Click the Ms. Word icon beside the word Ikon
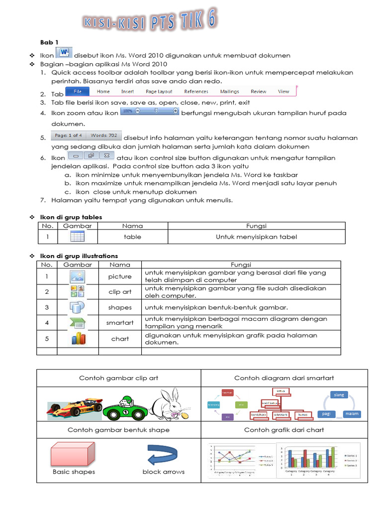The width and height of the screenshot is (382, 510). click(x=64, y=53)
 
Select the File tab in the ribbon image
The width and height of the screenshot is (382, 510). click(x=78, y=92)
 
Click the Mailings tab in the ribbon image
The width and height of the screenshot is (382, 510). click(x=229, y=92)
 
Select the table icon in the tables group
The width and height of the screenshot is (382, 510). click(x=77, y=237)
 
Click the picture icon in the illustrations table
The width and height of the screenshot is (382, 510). click(x=78, y=276)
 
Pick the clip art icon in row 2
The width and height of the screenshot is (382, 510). click(x=78, y=292)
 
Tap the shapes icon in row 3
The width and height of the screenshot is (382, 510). click(x=78, y=307)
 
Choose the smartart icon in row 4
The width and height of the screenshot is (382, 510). click(x=78, y=323)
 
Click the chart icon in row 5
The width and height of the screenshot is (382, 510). click(x=78, y=339)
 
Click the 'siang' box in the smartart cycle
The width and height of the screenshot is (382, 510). click(x=339, y=395)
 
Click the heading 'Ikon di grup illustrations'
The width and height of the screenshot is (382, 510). click(x=79, y=255)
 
